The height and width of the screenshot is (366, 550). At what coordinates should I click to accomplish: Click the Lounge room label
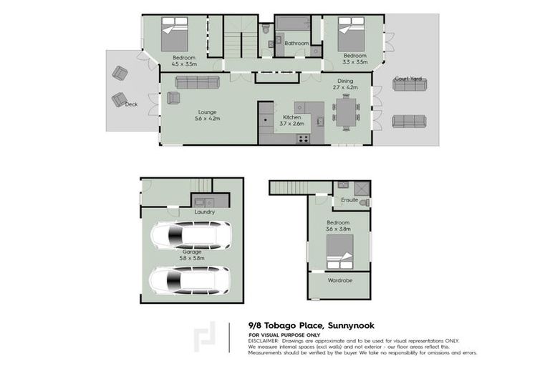click(207, 112)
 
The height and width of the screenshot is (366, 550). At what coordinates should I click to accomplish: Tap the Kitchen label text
click(291, 116)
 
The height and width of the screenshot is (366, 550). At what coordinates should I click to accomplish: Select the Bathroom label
click(296, 43)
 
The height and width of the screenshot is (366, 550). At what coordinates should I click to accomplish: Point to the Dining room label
click(345, 81)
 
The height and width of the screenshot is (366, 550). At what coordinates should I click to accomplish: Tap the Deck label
click(131, 104)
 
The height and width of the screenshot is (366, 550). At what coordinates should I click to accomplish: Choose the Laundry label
click(205, 212)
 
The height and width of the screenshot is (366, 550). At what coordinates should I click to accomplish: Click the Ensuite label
click(349, 199)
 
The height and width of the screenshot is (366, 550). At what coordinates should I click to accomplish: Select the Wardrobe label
click(340, 280)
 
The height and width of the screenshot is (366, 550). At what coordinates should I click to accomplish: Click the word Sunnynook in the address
click(353, 325)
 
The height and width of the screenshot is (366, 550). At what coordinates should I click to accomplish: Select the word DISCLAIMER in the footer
click(265, 340)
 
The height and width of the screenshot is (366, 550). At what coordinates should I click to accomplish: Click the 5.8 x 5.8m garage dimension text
click(191, 259)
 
